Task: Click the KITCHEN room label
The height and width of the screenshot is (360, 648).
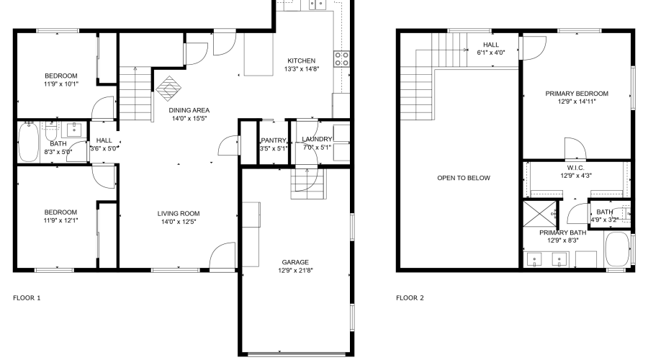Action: coord(301,60)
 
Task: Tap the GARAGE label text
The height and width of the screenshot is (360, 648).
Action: coord(295,262)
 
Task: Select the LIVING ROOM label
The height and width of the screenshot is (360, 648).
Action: coord(179,213)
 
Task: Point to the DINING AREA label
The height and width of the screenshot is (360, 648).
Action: coord(189,110)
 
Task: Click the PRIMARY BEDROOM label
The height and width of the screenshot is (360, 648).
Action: coord(576,94)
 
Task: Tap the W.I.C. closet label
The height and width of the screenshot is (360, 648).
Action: coord(575,168)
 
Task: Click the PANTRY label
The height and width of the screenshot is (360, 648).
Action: coord(274,140)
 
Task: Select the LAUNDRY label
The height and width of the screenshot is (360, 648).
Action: coord(317,139)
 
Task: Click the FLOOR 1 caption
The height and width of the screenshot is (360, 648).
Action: coord(27,297)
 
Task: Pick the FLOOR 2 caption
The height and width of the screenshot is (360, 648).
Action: coord(410,297)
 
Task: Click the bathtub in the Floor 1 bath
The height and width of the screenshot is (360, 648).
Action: coord(29,143)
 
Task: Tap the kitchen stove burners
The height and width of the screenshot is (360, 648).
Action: coord(341,58)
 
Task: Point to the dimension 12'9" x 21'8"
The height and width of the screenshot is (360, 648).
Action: coord(295,271)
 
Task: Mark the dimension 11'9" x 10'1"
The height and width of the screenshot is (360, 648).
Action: coord(60,84)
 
